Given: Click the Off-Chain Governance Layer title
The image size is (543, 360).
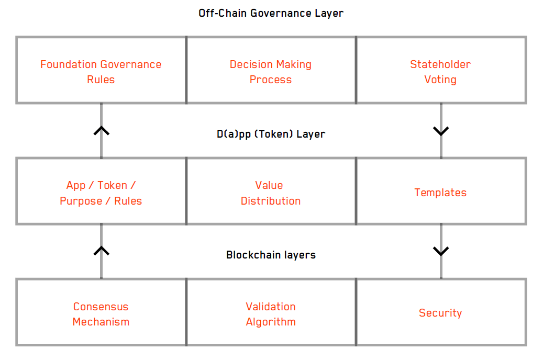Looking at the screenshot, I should (271, 13).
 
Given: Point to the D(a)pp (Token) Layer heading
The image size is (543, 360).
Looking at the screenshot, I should (271, 134).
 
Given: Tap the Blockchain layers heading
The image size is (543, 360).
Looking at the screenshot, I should (271, 255).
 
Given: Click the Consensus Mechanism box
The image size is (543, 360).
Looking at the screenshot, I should (101, 313).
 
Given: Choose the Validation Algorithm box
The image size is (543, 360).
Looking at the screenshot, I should (271, 313).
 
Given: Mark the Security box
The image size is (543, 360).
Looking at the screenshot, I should (440, 313).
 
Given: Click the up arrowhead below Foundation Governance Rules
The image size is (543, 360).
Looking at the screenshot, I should (101, 131).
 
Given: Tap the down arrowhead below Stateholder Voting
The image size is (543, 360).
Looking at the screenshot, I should (441, 131).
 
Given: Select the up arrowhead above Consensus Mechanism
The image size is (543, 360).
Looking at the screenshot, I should (101, 251).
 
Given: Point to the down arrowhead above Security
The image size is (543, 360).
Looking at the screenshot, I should (441, 252).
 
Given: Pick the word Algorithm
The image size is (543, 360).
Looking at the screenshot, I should (271, 322).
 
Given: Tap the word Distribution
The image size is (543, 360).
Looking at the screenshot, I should (271, 201).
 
